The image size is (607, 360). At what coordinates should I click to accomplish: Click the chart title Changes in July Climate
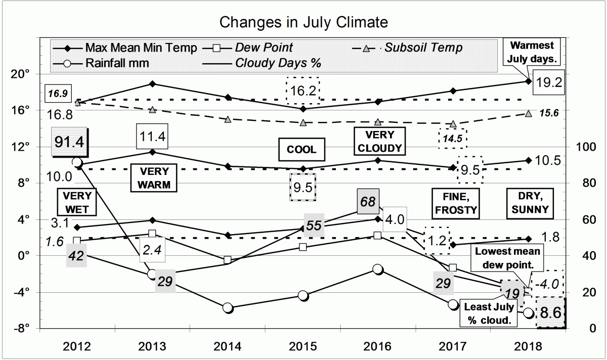click(303, 23)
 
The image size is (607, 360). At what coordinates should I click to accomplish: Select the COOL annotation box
click(302, 150)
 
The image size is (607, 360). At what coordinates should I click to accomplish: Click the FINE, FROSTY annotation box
click(455, 203)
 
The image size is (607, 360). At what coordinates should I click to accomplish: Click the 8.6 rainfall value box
click(550, 313)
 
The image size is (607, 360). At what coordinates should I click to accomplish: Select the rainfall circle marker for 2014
click(228, 308)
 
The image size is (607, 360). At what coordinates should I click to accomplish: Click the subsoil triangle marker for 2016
click(378, 122)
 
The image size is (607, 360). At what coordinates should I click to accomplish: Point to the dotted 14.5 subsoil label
click(453, 137)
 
